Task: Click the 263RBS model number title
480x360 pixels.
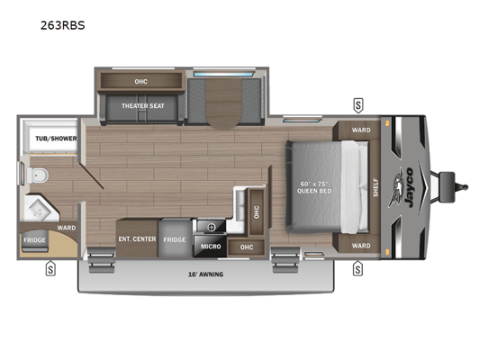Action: click(63, 25)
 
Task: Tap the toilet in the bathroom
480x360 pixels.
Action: click(38, 175)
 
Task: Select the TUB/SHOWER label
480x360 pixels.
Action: click(56, 139)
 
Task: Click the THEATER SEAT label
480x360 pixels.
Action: click(143, 106)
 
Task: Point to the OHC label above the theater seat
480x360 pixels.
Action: click(140, 82)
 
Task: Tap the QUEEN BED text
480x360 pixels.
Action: click(314, 191)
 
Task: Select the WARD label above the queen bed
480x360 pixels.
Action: click(361, 130)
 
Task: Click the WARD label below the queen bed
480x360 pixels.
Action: click(361, 246)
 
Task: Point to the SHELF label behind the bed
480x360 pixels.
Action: click(376, 187)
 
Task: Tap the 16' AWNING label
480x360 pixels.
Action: click(205, 274)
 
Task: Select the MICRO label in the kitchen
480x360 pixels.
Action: click(211, 247)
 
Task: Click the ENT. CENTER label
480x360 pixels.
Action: click(137, 238)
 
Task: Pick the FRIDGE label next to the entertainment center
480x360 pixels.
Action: click(175, 239)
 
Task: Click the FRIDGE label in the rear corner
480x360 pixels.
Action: click(34, 240)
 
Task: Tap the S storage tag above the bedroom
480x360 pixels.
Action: click(358, 105)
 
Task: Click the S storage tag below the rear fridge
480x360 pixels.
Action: click(50, 268)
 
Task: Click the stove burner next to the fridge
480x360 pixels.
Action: click(212, 228)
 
